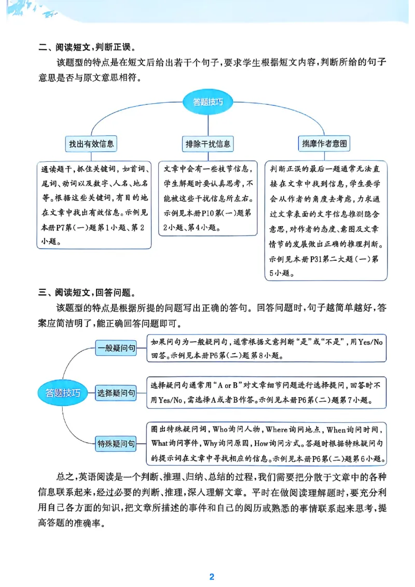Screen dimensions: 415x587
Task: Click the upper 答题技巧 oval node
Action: coord(208,102)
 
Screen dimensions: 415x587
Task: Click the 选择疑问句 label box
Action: coord(116,394)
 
